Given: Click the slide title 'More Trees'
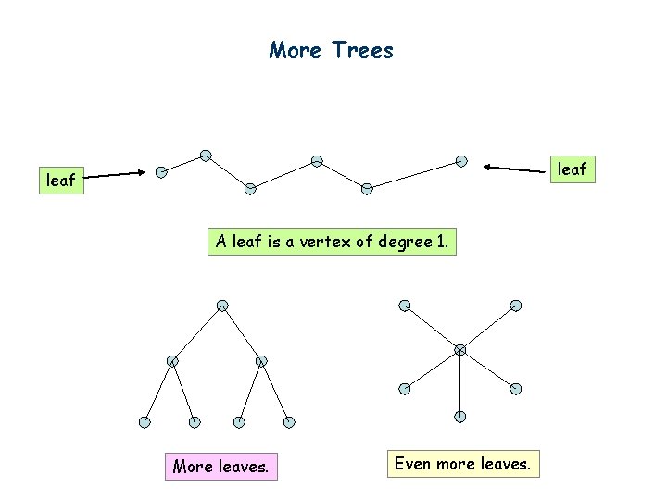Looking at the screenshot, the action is pyautogui.click(x=332, y=50).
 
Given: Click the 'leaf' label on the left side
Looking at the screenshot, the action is pyautogui.click(x=61, y=181).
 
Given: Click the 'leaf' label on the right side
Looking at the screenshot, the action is pyautogui.click(x=572, y=169).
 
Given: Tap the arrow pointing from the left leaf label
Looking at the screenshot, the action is pyautogui.click(x=115, y=173).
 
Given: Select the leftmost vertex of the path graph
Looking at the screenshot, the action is pyautogui.click(x=162, y=171).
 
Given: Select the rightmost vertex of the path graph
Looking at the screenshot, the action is pyautogui.click(x=461, y=160).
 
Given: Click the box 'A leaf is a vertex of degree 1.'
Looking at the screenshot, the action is pyautogui.click(x=333, y=243).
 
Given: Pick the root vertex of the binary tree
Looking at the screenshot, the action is pyautogui.click(x=222, y=305).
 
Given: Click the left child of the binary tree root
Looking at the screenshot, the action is pyautogui.click(x=172, y=360).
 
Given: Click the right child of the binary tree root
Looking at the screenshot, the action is pyautogui.click(x=261, y=360).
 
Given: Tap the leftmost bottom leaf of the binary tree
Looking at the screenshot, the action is pyautogui.click(x=145, y=422).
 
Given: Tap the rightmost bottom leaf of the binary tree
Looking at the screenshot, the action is pyautogui.click(x=289, y=422).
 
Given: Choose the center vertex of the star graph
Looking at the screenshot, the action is pyautogui.click(x=460, y=349).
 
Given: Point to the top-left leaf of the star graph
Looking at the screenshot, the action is pyautogui.click(x=405, y=306).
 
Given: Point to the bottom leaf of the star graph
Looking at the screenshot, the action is pyautogui.click(x=460, y=417).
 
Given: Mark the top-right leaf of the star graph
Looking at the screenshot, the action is pyautogui.click(x=516, y=306).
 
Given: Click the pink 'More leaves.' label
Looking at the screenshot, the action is pyautogui.click(x=220, y=467).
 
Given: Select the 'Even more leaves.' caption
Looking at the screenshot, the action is pyautogui.click(x=462, y=463).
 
